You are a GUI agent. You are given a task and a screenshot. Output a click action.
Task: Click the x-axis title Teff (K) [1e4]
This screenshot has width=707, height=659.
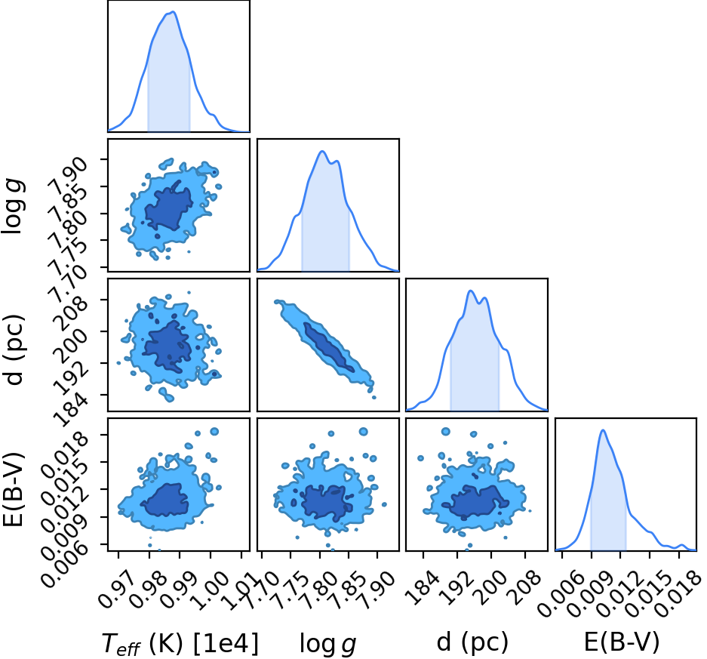click(x=180, y=643)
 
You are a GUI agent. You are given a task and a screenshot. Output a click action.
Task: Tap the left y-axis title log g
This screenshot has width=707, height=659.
click(x=13, y=205)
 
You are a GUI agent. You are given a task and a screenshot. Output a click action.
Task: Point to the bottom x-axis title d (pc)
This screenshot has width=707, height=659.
click(x=472, y=642)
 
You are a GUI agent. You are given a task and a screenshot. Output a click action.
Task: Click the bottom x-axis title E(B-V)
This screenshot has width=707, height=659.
click(x=621, y=642)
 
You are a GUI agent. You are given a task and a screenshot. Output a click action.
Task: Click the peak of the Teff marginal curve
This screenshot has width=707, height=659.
click(x=173, y=12)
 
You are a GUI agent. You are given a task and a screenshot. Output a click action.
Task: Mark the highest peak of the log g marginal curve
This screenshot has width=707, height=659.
click(x=322, y=151)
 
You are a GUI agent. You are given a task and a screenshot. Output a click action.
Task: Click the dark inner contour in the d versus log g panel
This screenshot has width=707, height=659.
click(x=329, y=347)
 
